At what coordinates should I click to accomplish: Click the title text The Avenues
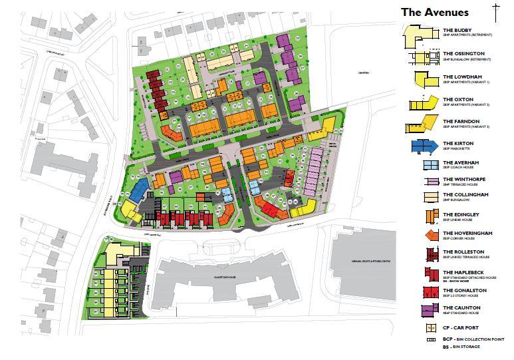point(435,12)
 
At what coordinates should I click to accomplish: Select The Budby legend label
point(458,31)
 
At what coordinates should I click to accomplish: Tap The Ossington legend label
point(463,53)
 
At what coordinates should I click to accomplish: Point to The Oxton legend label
point(458,100)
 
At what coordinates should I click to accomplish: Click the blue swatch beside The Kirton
point(422,146)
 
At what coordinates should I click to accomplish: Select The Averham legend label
point(461,163)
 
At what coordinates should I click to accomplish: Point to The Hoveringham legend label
point(468,234)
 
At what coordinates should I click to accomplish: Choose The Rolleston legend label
point(463,252)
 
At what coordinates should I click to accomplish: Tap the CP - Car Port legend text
point(463,329)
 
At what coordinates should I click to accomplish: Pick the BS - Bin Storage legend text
point(466,347)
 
